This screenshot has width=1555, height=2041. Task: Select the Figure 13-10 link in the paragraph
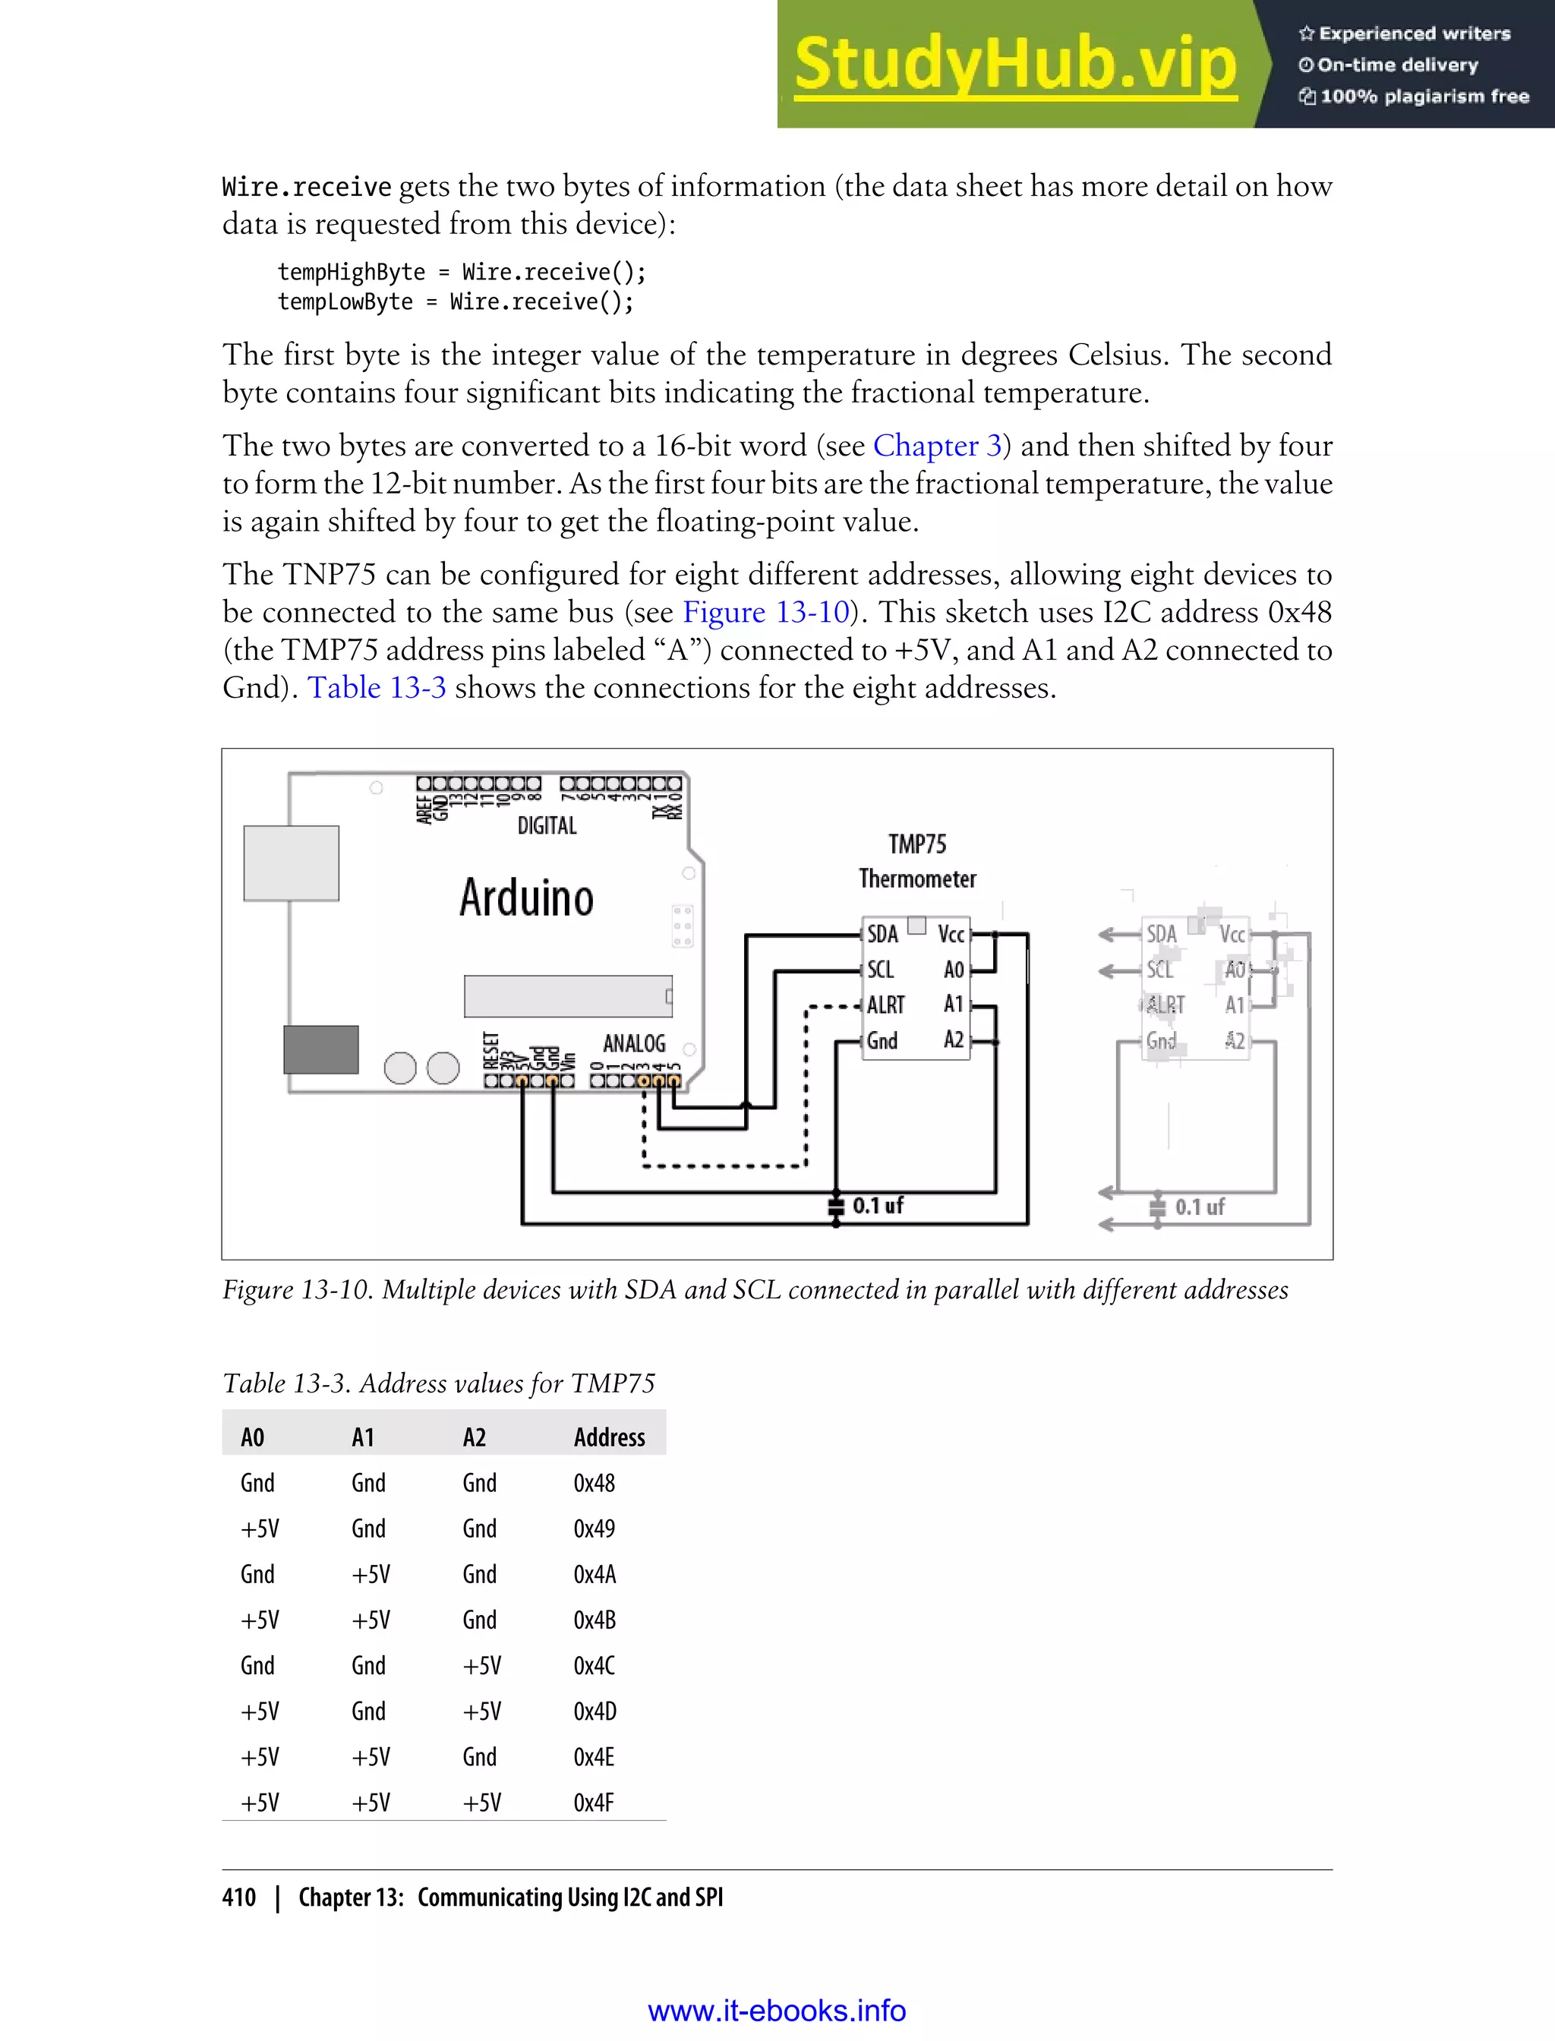[765, 613]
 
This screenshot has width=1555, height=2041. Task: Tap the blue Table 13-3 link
[377, 688]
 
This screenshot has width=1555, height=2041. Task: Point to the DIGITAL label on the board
[547, 825]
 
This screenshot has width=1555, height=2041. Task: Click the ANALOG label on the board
[634, 1043]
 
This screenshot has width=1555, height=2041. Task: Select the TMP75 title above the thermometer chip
[916, 844]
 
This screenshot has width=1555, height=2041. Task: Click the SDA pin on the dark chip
[882, 934]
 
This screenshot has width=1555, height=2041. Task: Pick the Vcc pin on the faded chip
[1232, 935]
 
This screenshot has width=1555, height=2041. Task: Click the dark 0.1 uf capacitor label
[878, 1205]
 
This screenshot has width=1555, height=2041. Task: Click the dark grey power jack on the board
[320, 1049]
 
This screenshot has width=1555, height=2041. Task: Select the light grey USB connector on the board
[291, 863]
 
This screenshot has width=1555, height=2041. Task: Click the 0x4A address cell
[595, 1575]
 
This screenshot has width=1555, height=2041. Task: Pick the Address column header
[609, 1437]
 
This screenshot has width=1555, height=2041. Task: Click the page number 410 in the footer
[239, 1897]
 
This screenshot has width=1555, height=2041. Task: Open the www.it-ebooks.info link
[777, 2011]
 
